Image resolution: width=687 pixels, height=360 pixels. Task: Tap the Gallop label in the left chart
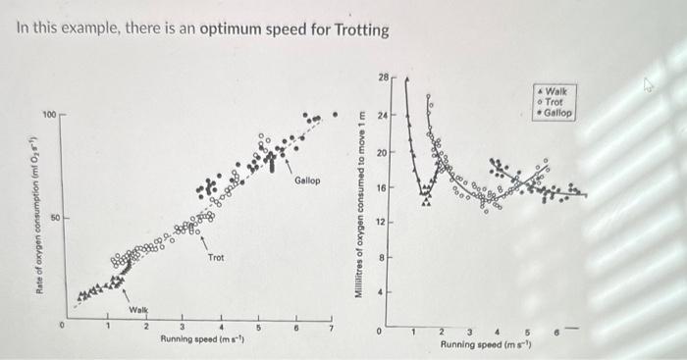point(306,180)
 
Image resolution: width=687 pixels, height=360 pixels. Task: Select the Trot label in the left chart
point(215,257)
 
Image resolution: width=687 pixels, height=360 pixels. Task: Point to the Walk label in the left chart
point(138,310)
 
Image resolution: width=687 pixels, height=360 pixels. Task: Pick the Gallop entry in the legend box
point(556,113)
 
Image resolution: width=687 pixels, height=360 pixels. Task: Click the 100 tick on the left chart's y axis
point(48,115)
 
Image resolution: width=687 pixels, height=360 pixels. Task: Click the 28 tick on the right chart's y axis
point(383,76)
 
